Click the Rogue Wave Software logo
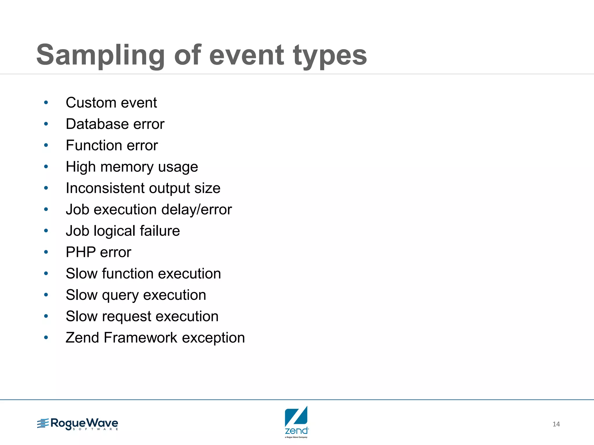tap(78, 424)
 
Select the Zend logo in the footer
tap(296, 422)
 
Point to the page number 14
tap(556, 424)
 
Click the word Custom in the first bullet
tap(91, 103)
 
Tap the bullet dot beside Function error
tap(46, 145)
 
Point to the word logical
tap(115, 231)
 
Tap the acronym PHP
tap(81, 252)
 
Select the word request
tap(126, 317)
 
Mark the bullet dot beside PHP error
tap(46, 252)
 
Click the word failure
tap(160, 231)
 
